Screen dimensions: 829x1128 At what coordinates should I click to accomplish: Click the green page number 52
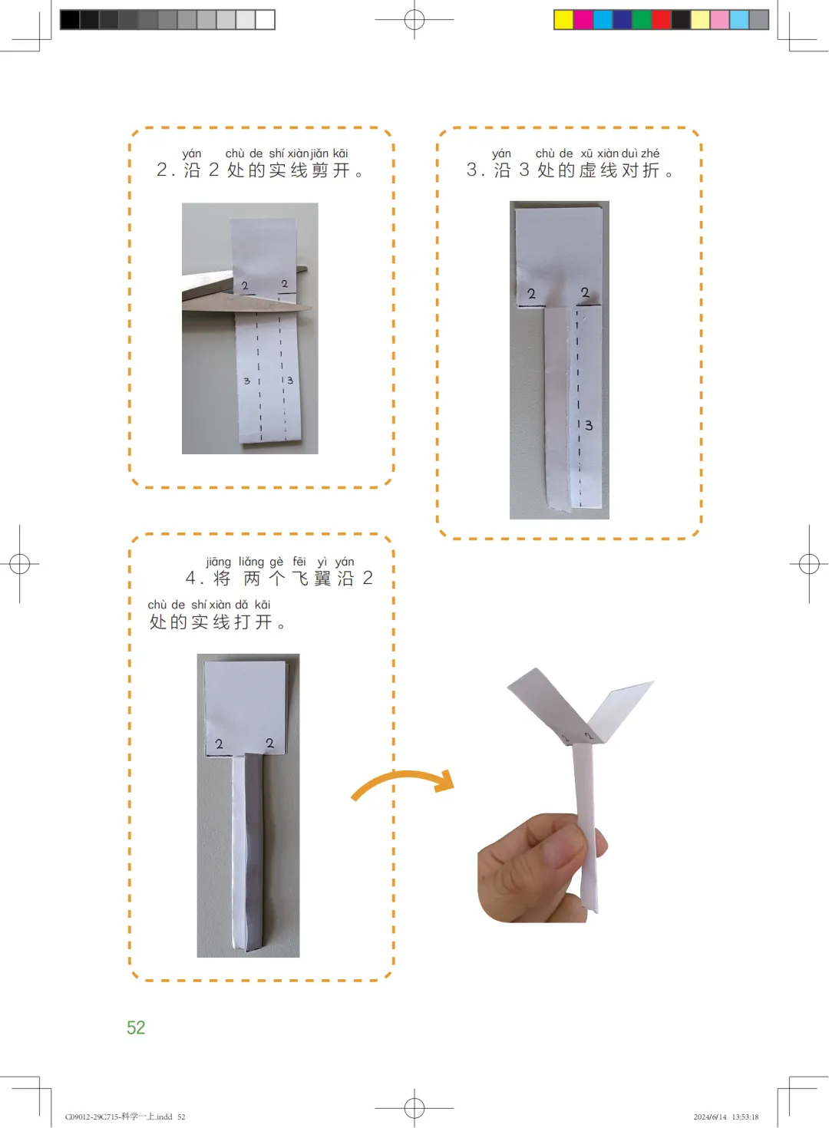point(136,1027)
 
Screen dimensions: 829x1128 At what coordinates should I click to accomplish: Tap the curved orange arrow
point(403,774)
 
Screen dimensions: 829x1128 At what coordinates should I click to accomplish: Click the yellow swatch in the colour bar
point(563,20)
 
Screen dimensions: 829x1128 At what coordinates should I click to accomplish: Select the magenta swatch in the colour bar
point(583,20)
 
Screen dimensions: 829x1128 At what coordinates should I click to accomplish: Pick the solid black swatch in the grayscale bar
point(70,20)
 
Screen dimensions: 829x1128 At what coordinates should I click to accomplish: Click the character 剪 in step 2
point(320,170)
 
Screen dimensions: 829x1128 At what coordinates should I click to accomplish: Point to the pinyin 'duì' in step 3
point(629,153)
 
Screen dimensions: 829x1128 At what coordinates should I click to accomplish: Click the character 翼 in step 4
point(322,578)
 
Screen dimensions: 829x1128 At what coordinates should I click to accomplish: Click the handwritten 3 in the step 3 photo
point(588,426)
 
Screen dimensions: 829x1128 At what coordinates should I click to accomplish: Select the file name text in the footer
point(125,1116)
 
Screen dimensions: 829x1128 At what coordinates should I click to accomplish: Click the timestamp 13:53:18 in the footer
point(745,1116)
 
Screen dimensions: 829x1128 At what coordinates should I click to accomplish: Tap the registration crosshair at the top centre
point(414,20)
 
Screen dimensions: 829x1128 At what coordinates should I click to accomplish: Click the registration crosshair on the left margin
point(20,564)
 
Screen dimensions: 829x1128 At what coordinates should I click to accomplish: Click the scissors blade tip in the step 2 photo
point(311,308)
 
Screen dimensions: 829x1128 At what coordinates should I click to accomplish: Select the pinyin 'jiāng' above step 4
point(219,562)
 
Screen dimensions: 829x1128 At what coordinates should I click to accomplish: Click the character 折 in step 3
point(651,170)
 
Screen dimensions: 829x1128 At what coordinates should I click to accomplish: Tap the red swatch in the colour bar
point(662,20)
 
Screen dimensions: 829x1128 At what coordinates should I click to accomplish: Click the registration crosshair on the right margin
point(809,564)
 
